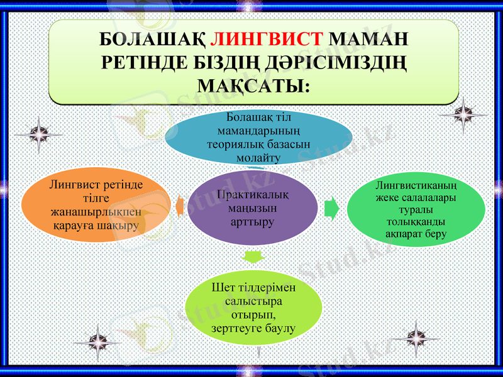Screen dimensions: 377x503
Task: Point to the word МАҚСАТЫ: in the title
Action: (254, 83)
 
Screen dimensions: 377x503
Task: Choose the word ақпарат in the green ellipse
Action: (401, 234)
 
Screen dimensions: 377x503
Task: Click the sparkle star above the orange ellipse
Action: (38, 134)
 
